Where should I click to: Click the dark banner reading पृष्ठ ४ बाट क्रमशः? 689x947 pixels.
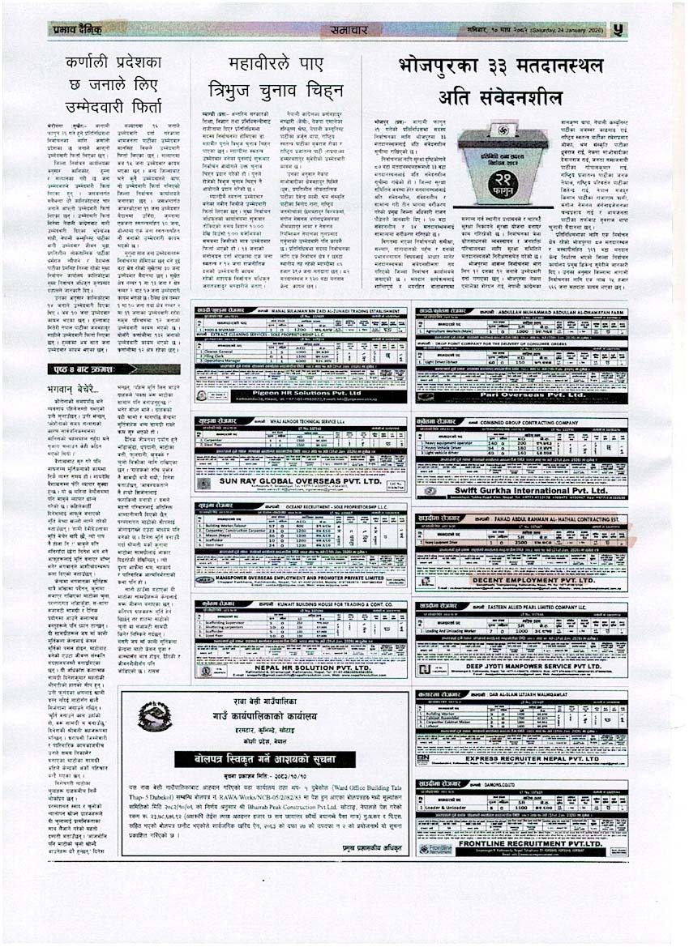click(x=113, y=369)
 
